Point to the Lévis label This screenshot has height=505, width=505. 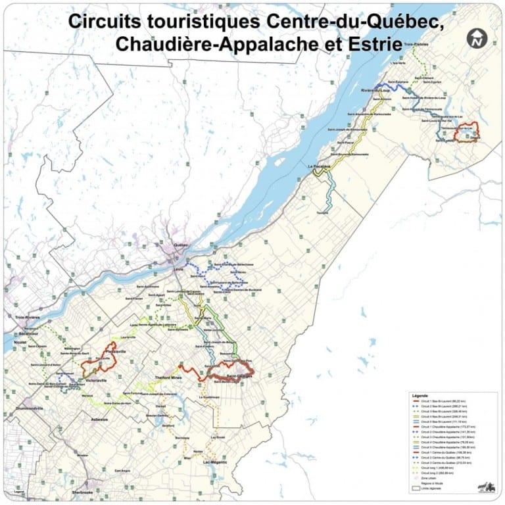[x=177, y=269]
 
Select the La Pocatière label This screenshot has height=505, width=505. [x=319, y=167]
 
